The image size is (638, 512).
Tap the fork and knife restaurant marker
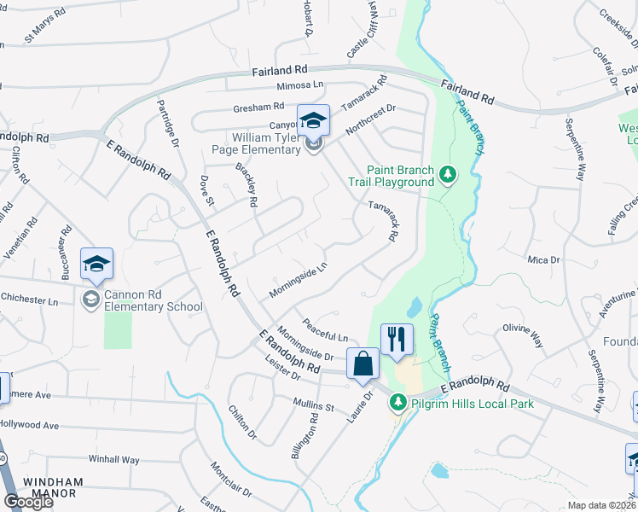pos(397,340)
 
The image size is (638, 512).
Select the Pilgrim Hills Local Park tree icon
pos(397,401)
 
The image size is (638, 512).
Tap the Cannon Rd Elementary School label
pos(154,301)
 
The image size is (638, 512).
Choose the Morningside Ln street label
pos(298,281)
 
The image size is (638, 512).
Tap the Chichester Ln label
pos(29,301)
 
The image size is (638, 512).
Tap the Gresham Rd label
pos(259,108)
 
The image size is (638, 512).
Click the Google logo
pos(28,502)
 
